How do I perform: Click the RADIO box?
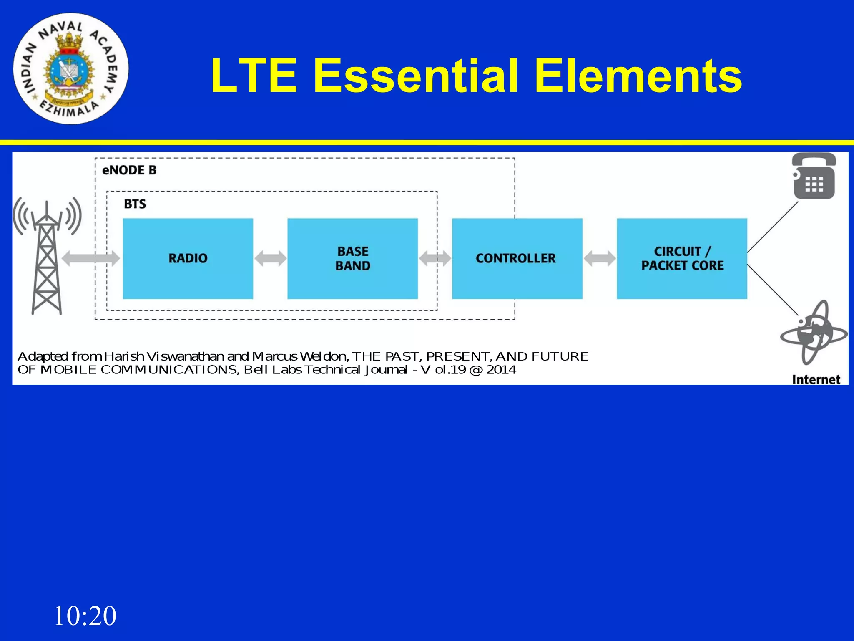(x=188, y=258)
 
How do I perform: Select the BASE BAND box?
(x=352, y=258)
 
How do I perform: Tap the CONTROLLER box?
(x=517, y=258)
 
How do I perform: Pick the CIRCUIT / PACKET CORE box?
(x=682, y=258)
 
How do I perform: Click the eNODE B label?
(x=129, y=170)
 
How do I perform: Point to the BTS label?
(x=135, y=204)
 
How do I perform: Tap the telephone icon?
(x=814, y=177)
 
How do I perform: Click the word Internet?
(x=816, y=379)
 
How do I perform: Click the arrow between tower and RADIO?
(x=90, y=258)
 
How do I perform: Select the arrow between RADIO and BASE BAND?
(x=270, y=258)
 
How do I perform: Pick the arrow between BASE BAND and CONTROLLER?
(x=435, y=258)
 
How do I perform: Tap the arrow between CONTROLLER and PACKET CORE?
(x=600, y=258)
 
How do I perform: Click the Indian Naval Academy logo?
(x=71, y=69)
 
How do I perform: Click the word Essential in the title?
(x=417, y=76)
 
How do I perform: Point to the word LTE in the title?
(x=254, y=76)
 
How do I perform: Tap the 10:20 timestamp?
(x=85, y=616)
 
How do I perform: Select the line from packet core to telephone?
(x=773, y=227)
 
